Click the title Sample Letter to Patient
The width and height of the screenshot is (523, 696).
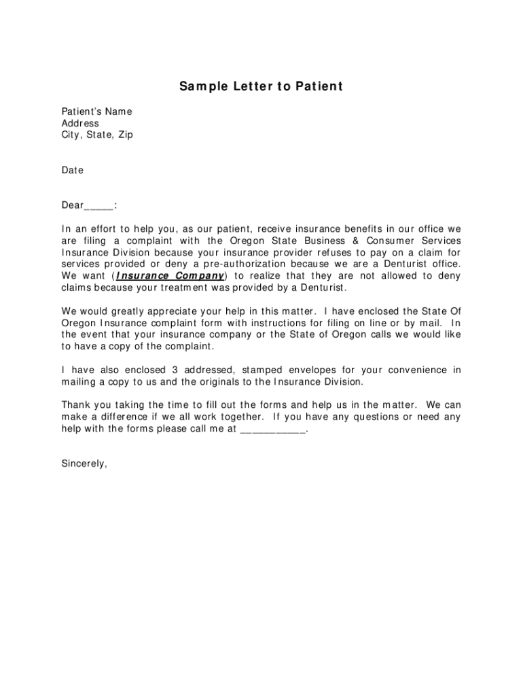(261, 86)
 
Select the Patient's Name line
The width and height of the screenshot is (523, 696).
(96, 111)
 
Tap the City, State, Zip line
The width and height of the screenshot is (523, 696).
(97, 135)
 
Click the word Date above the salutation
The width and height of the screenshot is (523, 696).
(72, 170)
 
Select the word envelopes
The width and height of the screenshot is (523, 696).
(306, 370)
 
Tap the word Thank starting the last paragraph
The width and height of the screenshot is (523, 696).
(77, 405)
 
